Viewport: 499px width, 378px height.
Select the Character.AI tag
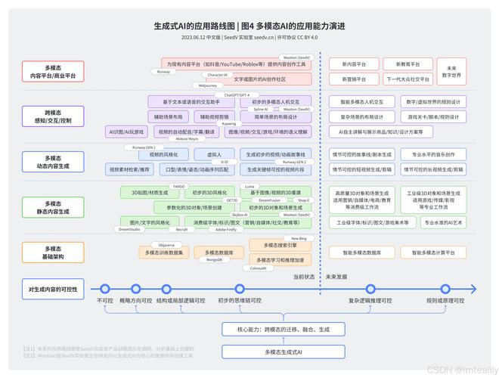[x=216, y=75]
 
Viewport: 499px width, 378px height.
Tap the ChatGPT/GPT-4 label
[x=237, y=95]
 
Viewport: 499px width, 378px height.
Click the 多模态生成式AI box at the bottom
[x=284, y=352]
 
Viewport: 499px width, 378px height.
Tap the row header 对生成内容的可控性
[x=52, y=290]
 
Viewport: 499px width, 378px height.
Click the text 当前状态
[x=303, y=277]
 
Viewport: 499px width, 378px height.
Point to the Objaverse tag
[x=166, y=245]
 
